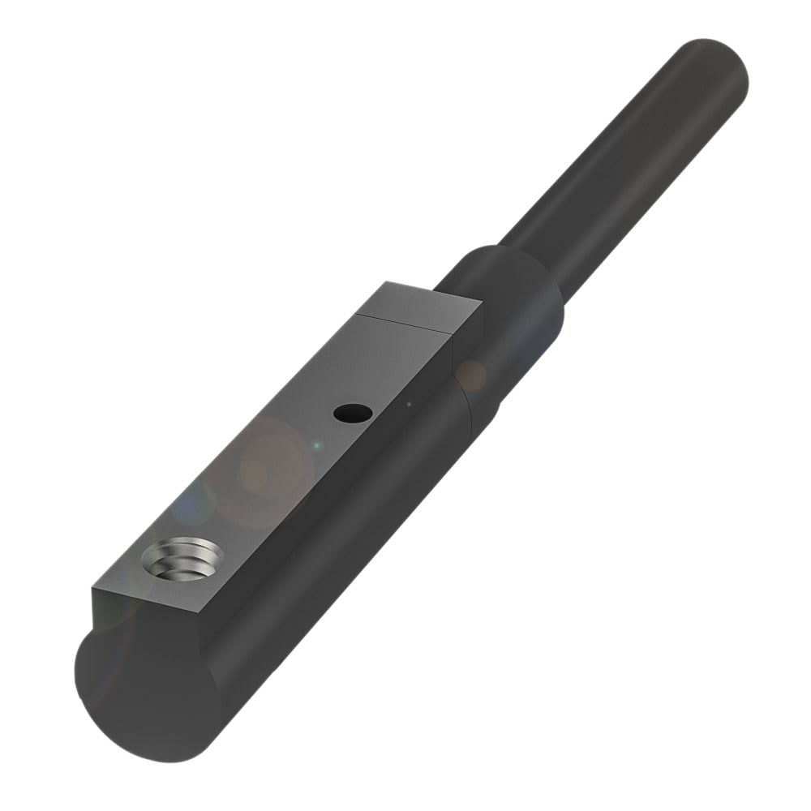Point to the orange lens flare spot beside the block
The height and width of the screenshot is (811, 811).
[x=470, y=374]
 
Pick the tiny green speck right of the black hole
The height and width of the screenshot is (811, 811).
[x=410, y=403]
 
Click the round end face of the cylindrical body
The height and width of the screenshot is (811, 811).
[x=146, y=689]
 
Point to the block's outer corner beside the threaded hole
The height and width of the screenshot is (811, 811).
[x=92, y=589]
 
